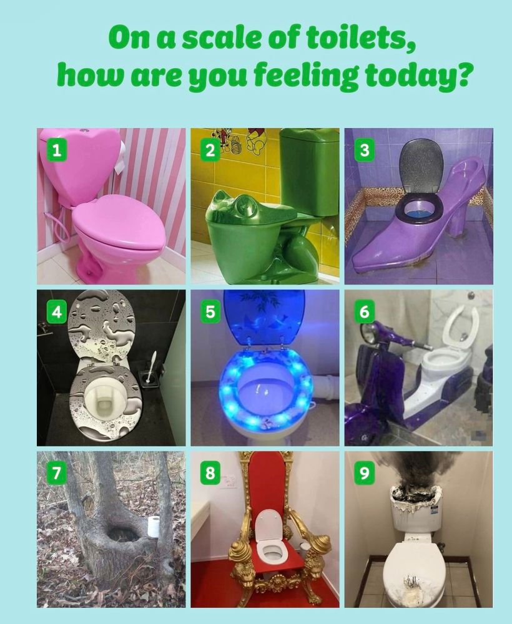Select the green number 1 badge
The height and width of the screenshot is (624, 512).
pyautogui.click(x=57, y=150)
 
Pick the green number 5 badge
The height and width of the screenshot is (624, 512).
pyautogui.click(x=210, y=311)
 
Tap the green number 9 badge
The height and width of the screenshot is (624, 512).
pyautogui.click(x=364, y=473)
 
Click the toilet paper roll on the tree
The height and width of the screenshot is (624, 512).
pyautogui.click(x=154, y=527)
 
